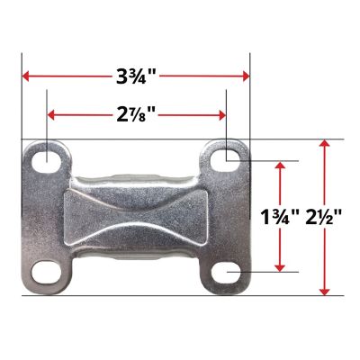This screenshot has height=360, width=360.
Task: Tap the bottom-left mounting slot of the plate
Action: [43, 271]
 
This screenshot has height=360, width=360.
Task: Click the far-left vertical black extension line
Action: [21, 99]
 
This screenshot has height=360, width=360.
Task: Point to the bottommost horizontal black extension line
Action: [180, 295]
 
